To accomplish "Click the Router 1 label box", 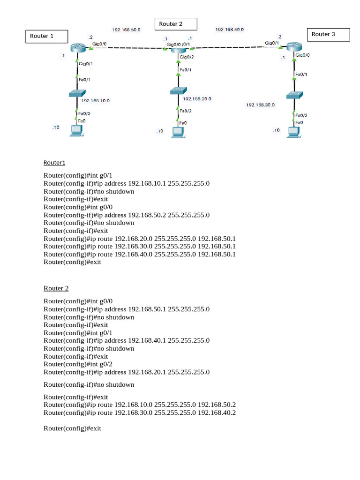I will pos(46,37).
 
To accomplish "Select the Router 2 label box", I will pos(176,24).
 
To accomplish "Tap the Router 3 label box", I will pos(328,35).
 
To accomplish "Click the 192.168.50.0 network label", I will pos(126,30).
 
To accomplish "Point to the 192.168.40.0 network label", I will pos(229,30).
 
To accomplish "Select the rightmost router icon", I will pos(293,46).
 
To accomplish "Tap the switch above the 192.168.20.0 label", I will pos(179,91).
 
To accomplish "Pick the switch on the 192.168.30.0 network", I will pos(294,95).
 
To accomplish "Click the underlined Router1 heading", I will pos(54,163).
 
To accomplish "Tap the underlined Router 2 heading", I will pos(56,288).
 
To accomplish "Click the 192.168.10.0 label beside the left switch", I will pos(96,100).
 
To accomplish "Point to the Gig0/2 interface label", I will pos(186,57).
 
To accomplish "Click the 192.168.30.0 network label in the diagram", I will pos(261,105).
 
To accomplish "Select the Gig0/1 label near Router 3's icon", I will pos(272,43).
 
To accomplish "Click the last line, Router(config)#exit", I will pos(72,428).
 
